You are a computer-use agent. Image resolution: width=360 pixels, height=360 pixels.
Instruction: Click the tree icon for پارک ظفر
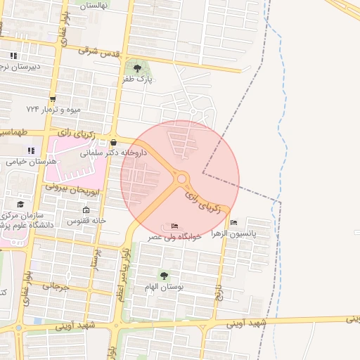[137, 68]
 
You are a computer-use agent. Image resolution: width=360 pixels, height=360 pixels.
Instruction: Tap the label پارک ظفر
[137, 80]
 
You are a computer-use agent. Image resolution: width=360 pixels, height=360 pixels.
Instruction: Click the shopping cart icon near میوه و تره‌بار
[52, 98]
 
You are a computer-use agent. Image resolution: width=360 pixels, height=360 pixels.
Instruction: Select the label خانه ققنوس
[86, 221]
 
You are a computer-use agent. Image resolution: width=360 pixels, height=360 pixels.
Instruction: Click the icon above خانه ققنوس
[86, 210]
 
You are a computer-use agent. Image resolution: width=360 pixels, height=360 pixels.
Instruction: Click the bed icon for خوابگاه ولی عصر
[175, 226]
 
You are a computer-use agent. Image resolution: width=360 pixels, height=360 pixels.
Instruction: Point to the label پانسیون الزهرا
[251, 232]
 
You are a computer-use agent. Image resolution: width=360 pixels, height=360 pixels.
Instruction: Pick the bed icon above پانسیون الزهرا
[233, 222]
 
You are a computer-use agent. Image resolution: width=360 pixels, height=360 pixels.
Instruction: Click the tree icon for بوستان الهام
[164, 276]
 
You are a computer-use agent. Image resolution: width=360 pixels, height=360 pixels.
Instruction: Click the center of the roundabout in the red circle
[181, 179]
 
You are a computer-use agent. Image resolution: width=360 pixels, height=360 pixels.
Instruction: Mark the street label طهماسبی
[14, 132]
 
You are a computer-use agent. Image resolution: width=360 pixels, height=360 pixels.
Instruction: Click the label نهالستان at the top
[94, 5]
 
